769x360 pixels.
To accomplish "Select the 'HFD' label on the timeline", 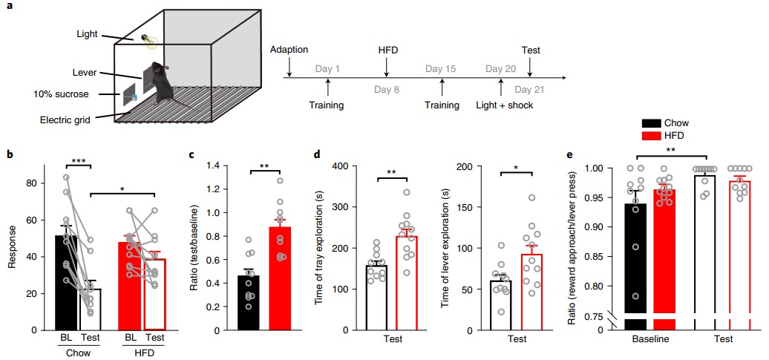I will (x=386, y=50).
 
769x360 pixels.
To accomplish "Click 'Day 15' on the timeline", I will (x=441, y=69).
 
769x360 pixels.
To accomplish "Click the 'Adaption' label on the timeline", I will (x=289, y=50).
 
